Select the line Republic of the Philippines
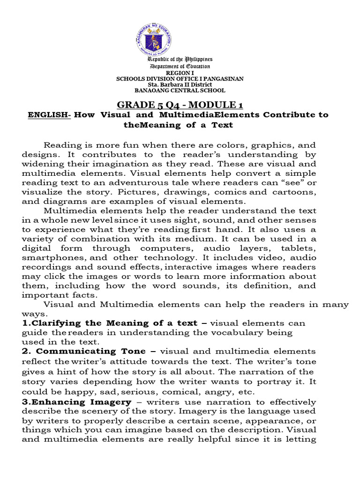tap(180, 60)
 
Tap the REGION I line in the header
tap(180, 73)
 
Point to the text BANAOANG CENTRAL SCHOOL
tap(180, 90)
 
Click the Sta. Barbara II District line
tap(180, 85)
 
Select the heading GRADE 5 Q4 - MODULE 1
tap(180, 104)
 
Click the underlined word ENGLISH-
tap(49, 115)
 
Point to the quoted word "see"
tap(292, 182)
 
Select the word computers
tap(167, 248)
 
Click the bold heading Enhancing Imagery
tap(84, 402)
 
